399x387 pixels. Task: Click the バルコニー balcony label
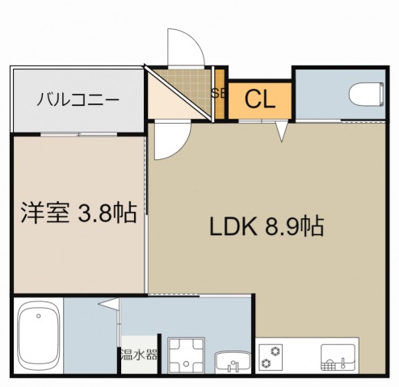tap(78, 100)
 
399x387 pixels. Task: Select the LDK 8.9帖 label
tap(267, 227)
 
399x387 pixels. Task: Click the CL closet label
tap(259, 99)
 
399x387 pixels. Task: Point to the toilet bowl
tap(367, 95)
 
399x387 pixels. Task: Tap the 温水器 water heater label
tap(139, 354)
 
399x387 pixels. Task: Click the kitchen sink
tap(338, 355)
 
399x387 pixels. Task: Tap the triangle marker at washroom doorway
tap(107, 305)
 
